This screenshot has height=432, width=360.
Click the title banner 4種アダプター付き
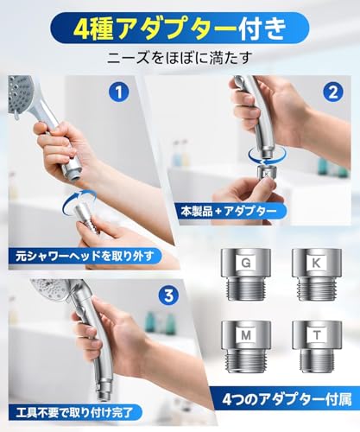180,28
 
